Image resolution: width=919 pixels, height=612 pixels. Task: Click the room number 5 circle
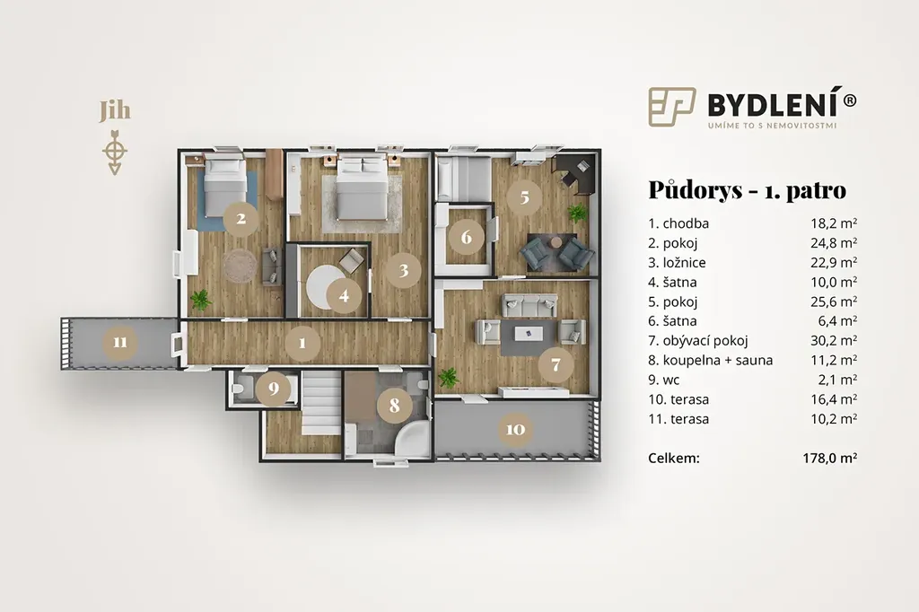(524, 197)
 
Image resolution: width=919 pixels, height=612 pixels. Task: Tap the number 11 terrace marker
(120, 342)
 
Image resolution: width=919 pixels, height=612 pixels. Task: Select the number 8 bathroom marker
(394, 405)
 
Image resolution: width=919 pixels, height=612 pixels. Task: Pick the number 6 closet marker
(466, 237)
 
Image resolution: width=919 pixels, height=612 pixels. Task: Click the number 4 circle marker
(344, 295)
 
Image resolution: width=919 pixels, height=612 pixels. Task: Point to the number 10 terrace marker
(515, 429)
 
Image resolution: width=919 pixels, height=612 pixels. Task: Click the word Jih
(114, 111)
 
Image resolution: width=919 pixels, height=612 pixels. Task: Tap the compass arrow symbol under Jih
(115, 152)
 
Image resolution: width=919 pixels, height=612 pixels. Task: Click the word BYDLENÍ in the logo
(775, 104)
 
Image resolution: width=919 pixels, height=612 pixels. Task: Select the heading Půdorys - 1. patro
(748, 190)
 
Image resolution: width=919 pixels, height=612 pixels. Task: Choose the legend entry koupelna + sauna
(717, 360)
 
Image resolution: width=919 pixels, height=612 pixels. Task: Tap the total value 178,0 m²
(830, 458)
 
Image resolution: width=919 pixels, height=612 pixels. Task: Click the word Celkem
(674, 458)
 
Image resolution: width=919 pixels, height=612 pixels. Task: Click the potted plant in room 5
(577, 213)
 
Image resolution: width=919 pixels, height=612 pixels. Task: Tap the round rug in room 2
(240, 267)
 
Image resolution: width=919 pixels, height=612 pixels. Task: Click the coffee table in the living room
(528, 334)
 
